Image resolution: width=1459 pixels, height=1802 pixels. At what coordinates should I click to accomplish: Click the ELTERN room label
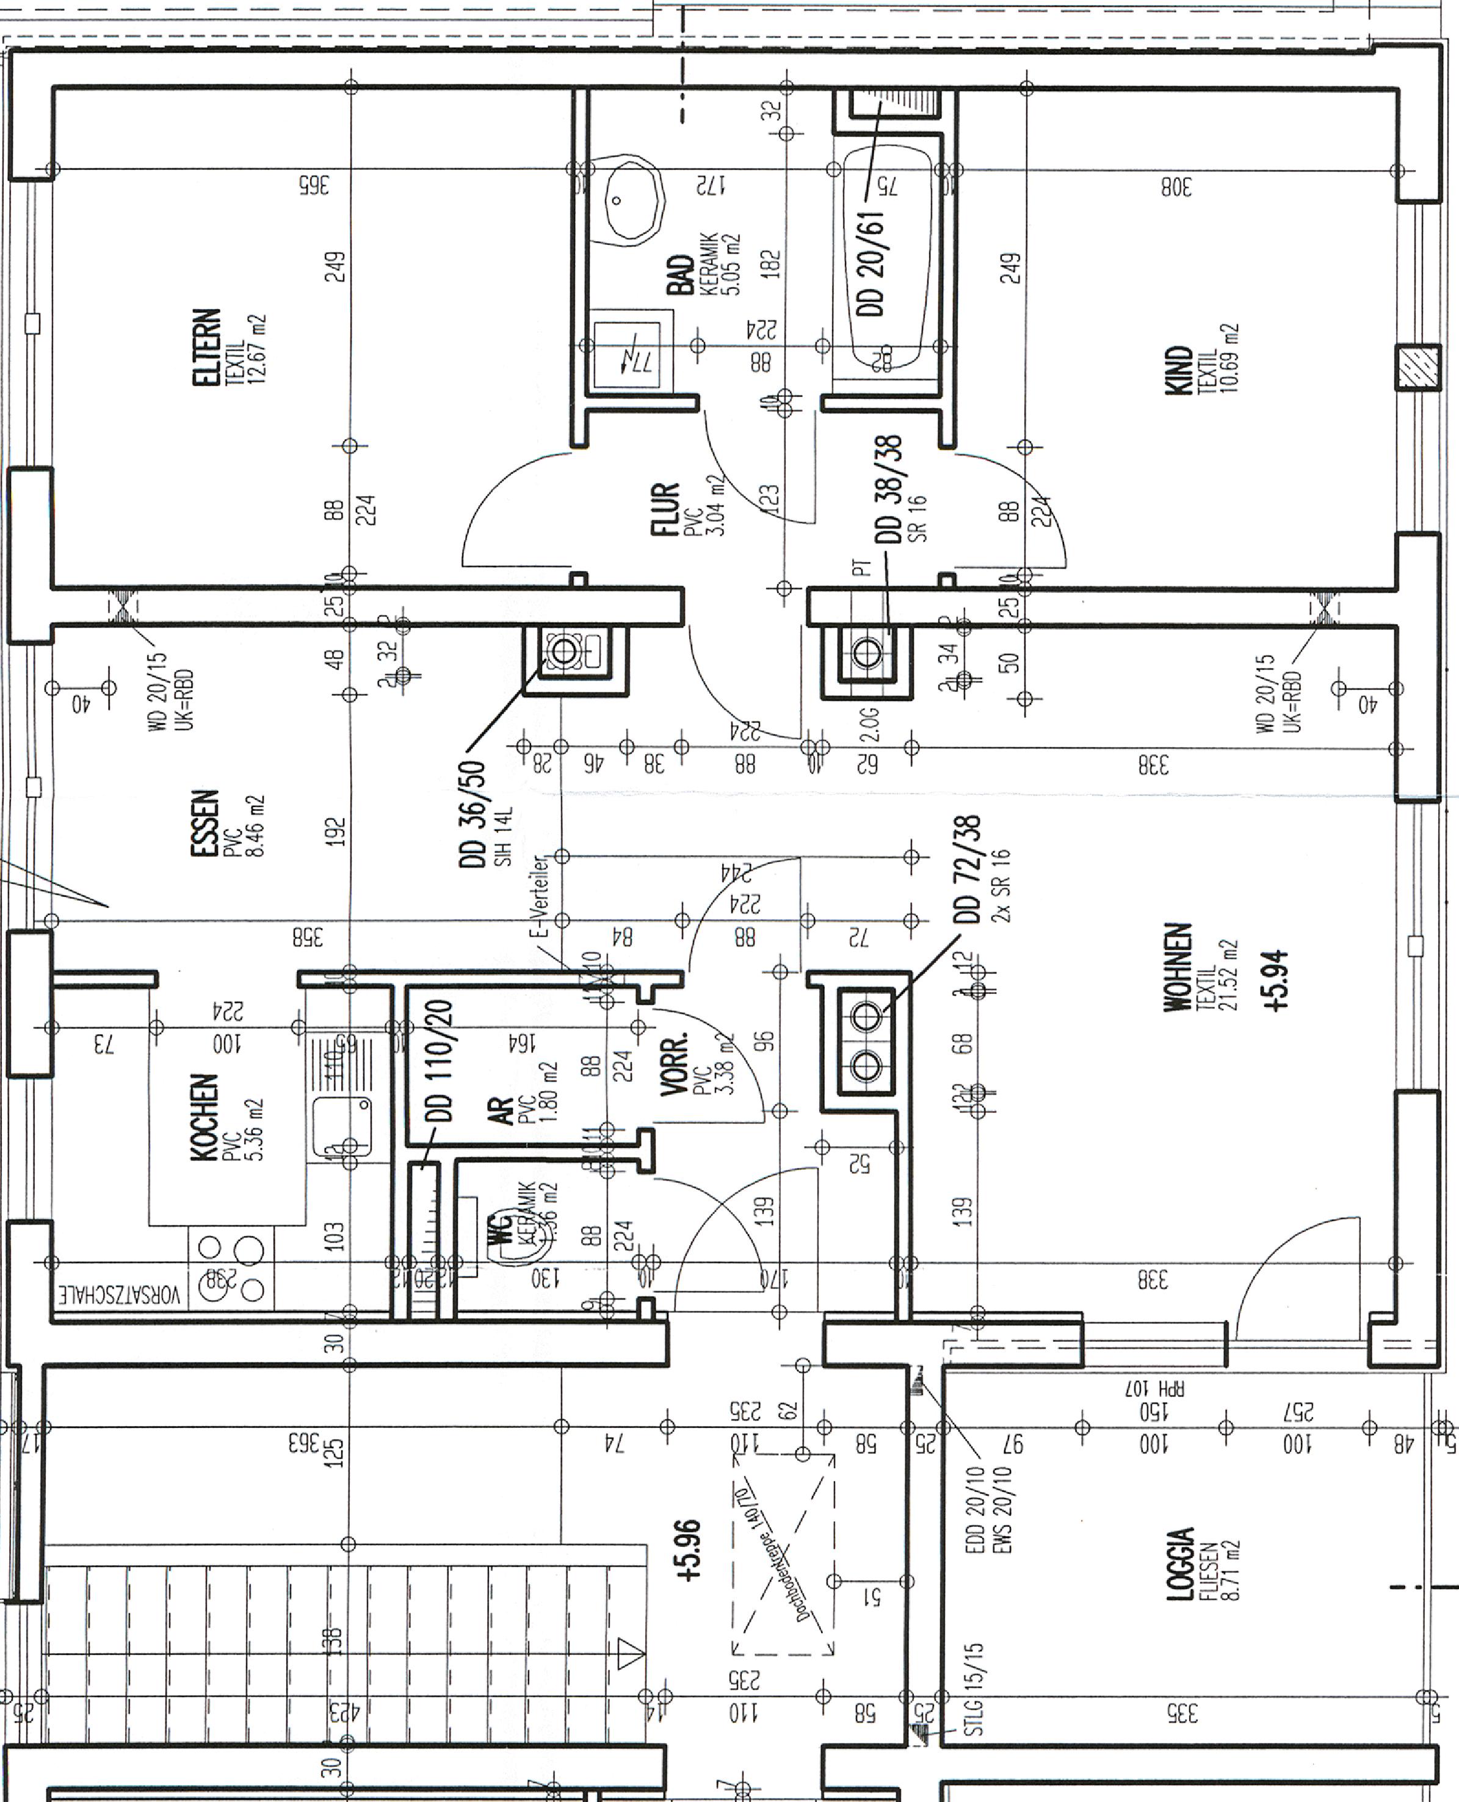[207, 347]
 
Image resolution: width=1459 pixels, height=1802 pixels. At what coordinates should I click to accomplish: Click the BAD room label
[681, 276]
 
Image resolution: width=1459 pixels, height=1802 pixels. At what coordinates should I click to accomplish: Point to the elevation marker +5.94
[1278, 981]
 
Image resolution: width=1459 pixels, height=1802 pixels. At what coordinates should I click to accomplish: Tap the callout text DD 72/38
[968, 870]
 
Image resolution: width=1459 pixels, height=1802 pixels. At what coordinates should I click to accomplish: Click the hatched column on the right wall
[1417, 367]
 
